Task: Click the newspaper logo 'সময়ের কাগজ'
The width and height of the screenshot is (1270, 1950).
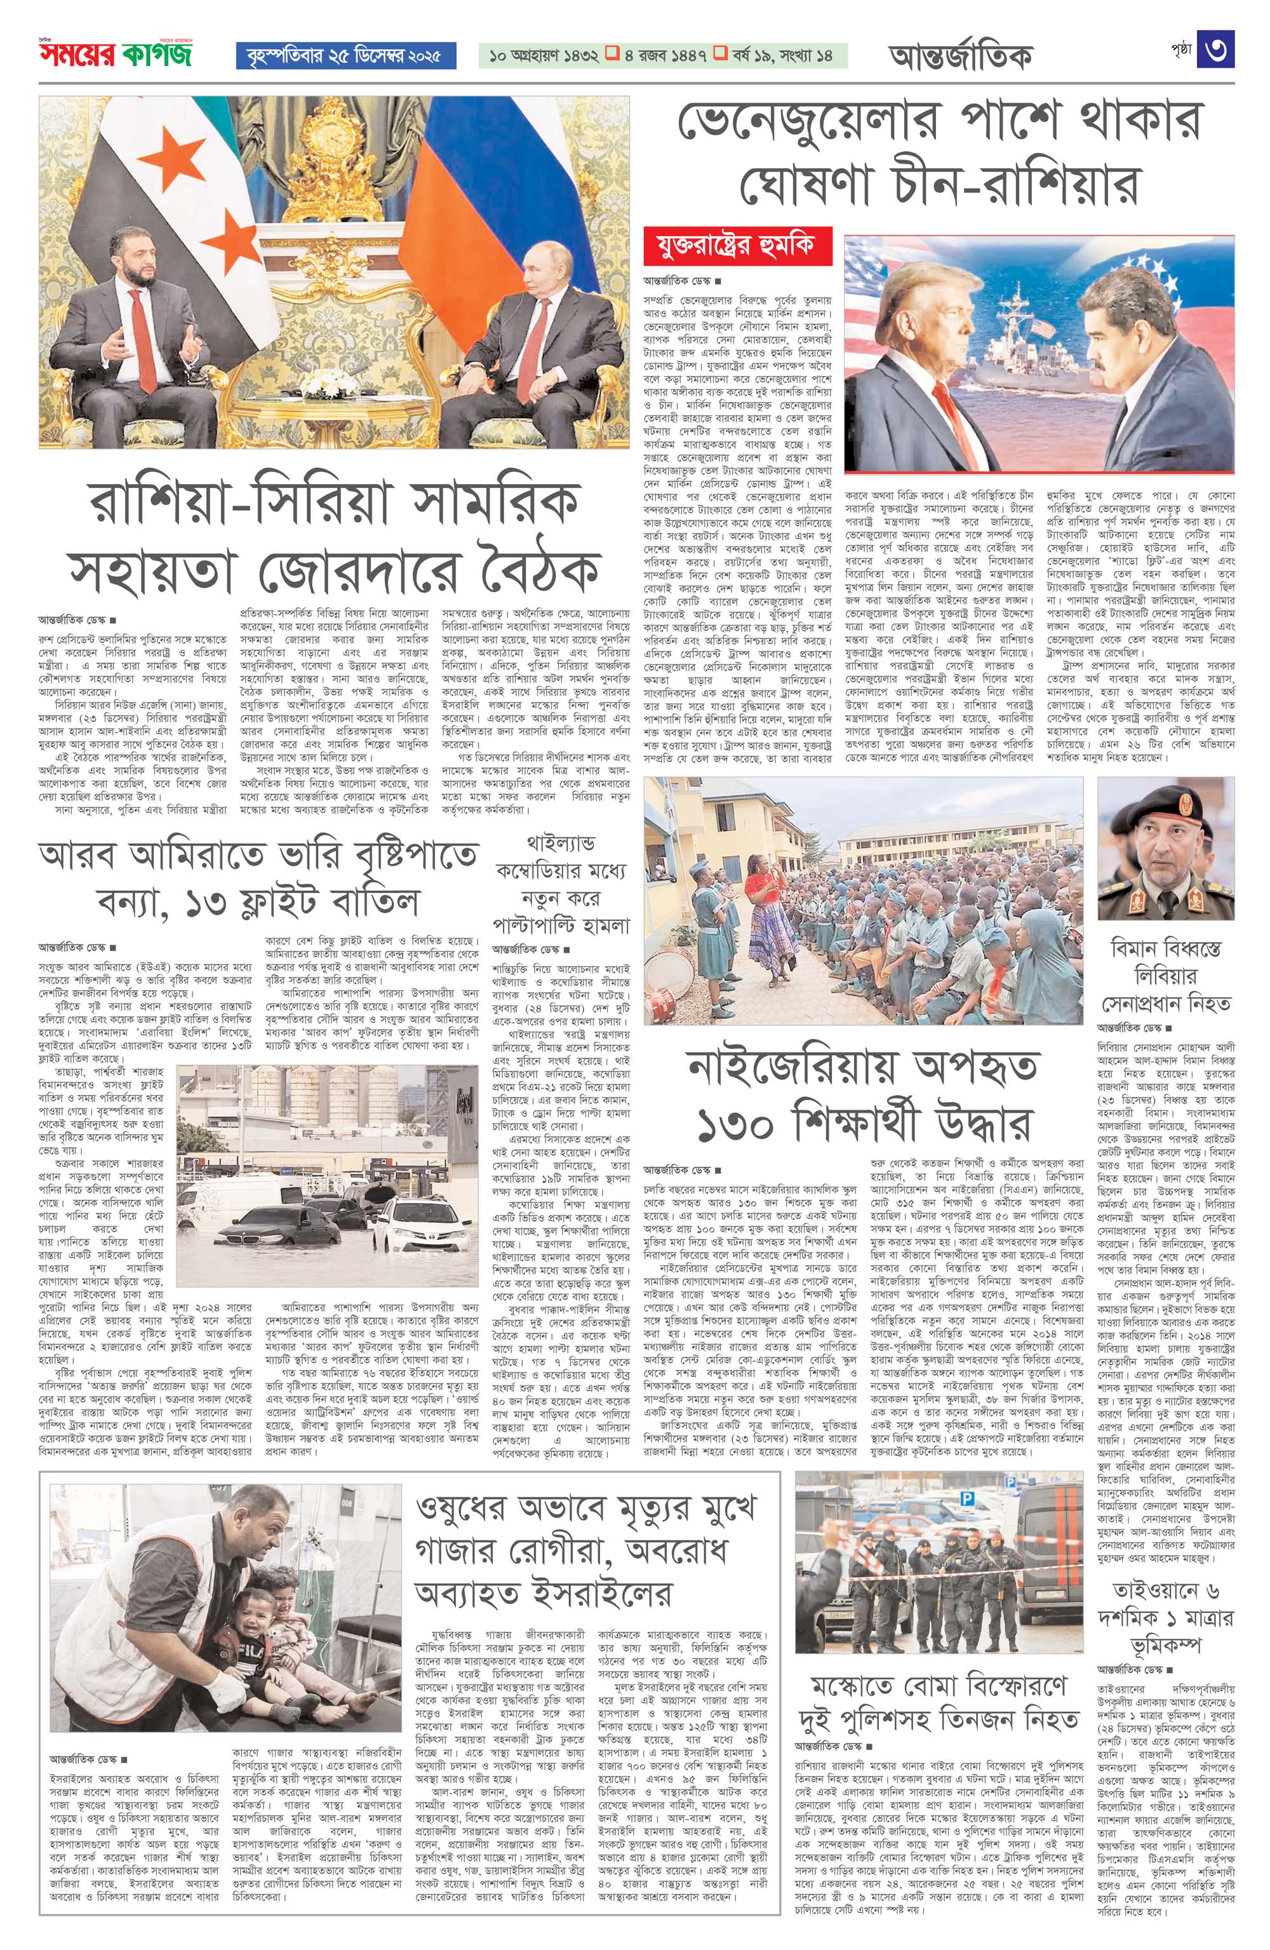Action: tap(115, 56)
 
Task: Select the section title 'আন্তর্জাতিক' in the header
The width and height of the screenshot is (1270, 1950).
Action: tap(959, 57)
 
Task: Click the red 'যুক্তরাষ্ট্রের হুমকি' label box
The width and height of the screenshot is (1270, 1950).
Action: tap(737, 246)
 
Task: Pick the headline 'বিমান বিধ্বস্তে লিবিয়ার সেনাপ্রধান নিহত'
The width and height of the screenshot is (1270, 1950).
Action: tap(1165, 976)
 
